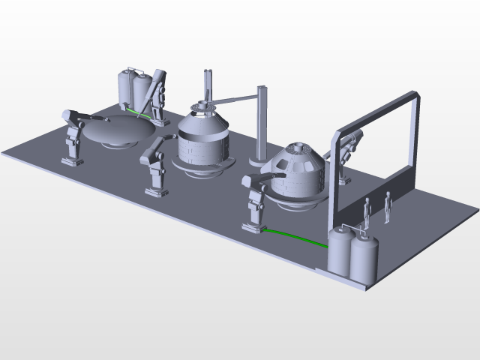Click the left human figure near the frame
pyautogui.click(x=367, y=213)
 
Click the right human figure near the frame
pyautogui.click(x=388, y=206)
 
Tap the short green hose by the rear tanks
pyautogui.click(x=136, y=112)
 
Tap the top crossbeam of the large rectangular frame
pyautogui.click(x=375, y=113)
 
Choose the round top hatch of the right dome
pyautogui.click(x=301, y=148)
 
